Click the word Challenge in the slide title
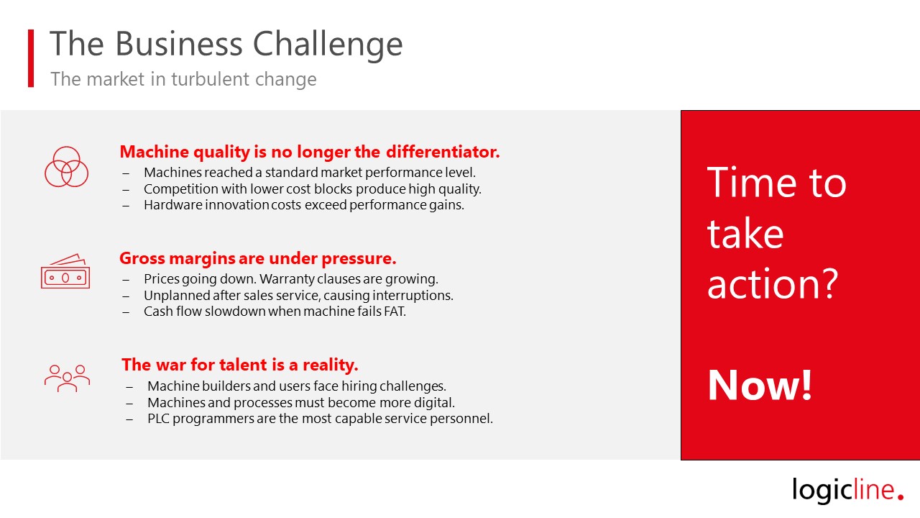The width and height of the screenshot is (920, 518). click(x=327, y=45)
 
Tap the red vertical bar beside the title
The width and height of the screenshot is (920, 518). click(x=31, y=58)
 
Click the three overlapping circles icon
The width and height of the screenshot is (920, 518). click(x=66, y=166)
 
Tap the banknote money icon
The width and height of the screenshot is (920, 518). click(x=65, y=271)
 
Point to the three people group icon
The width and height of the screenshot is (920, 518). click(x=67, y=378)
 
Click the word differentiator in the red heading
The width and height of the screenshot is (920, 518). click(x=443, y=152)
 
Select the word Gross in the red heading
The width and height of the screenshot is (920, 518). click(x=142, y=258)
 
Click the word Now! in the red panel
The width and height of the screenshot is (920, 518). click(x=760, y=385)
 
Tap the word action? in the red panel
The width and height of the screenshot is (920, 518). click(x=773, y=283)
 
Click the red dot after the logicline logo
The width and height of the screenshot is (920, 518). click(x=901, y=496)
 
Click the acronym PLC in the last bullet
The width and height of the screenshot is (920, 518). click(x=158, y=419)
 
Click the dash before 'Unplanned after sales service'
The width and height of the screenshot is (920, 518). click(x=126, y=296)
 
